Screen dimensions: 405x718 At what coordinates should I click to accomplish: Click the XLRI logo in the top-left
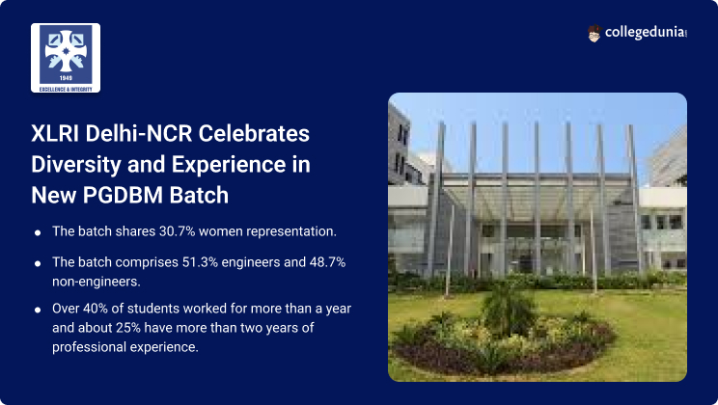click(x=66, y=57)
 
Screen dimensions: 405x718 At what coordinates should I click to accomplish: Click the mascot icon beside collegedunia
click(x=594, y=34)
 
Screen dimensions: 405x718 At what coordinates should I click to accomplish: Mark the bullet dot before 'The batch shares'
click(x=37, y=232)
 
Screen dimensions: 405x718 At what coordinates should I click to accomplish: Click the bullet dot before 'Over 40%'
click(x=37, y=310)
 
